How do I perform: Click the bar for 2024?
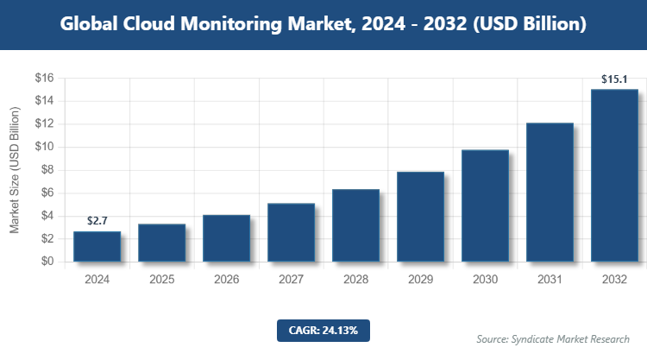click(97, 247)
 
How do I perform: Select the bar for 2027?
click(291, 232)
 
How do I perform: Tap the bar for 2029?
click(420, 217)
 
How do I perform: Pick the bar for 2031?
click(550, 193)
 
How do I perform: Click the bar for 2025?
click(161, 243)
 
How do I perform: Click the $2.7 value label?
click(97, 222)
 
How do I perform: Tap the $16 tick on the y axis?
click(44, 79)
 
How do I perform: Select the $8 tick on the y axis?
click(47, 170)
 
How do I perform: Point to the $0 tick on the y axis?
click(47, 262)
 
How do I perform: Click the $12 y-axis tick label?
click(44, 124)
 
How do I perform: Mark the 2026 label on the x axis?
click(226, 280)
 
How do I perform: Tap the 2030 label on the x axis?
click(485, 280)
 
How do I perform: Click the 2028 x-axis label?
click(355, 280)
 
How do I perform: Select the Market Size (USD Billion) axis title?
click(14, 170)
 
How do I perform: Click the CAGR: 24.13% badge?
click(323, 330)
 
